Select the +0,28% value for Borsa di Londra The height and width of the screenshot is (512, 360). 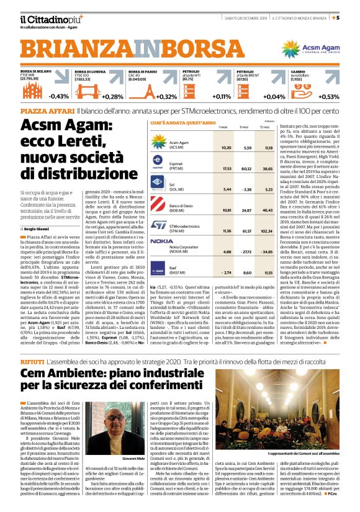pyautogui.click(x=113, y=96)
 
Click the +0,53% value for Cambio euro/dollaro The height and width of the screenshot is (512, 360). pyautogui.click(x=346, y=96)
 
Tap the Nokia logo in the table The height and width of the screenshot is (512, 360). pyautogui.click(x=162, y=241)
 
